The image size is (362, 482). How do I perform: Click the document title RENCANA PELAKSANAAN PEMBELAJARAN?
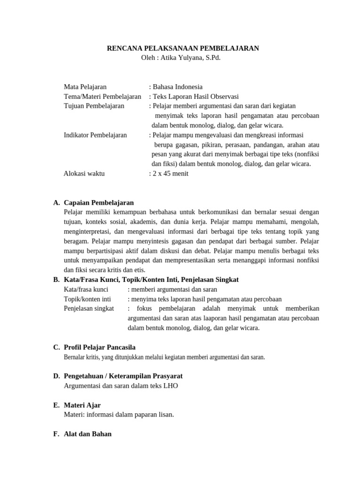tap(183, 48)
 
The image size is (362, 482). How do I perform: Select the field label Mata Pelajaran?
tap(85, 87)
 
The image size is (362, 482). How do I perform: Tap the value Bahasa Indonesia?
tap(177, 87)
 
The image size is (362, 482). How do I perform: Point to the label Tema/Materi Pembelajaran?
tap(102, 96)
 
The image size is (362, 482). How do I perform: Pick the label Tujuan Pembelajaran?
tap(94, 106)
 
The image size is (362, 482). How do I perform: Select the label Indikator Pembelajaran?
tap(95, 135)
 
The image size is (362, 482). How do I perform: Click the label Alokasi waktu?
tap(84, 173)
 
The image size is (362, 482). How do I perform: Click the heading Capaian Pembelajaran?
tap(99, 202)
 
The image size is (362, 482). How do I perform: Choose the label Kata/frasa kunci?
tap(86, 289)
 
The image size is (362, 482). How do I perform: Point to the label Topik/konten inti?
tap(87, 299)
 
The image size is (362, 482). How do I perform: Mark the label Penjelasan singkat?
tap(89, 308)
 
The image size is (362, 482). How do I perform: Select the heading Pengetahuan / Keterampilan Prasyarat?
tap(123, 376)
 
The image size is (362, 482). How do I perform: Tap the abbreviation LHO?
tap(171, 386)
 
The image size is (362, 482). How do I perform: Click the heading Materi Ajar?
tap(82, 405)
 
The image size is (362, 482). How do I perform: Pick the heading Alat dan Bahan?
tap(88, 434)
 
